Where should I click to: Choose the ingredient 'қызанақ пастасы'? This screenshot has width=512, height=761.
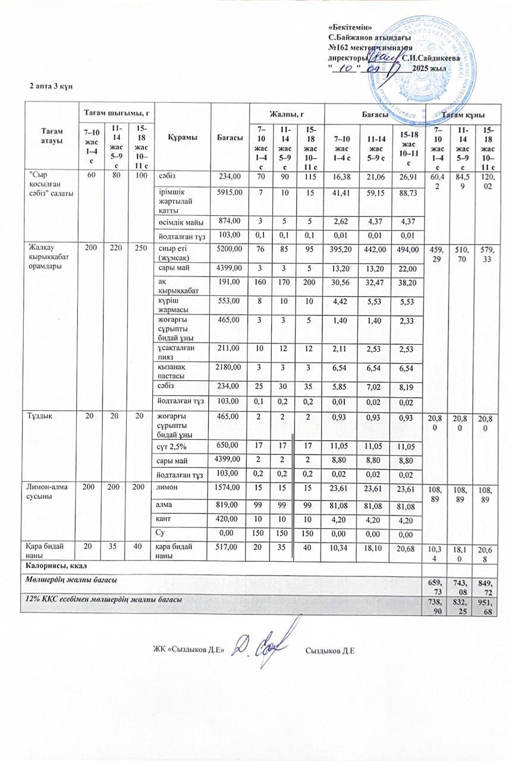tap(174, 372)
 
